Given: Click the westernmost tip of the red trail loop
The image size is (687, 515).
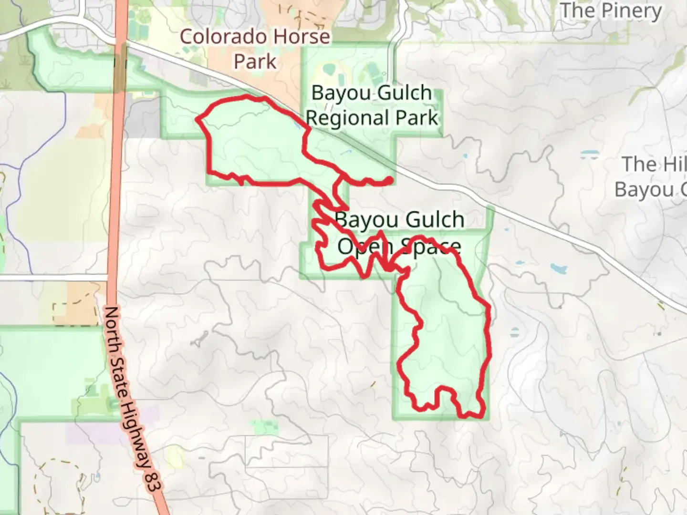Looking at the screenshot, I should pyautogui.click(x=198, y=119).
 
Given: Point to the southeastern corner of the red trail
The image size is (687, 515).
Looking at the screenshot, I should pyautogui.click(x=482, y=414).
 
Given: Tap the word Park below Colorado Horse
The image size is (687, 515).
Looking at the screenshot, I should pyautogui.click(x=255, y=62).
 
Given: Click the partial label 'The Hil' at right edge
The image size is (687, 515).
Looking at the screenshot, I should pyautogui.click(x=654, y=165).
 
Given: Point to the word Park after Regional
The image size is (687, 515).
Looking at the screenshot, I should pyautogui.click(x=418, y=118).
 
